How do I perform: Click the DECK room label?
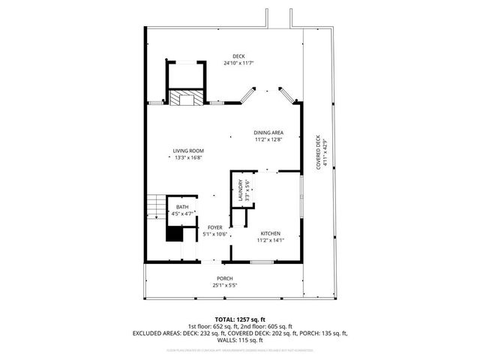click(238, 57)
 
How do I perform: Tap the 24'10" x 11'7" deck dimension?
click(238, 64)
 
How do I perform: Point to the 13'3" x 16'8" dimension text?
click(189, 158)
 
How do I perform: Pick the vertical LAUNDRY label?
click(241, 190)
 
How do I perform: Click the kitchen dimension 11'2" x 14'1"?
click(270, 241)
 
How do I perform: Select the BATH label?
click(182, 208)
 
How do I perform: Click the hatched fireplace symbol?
click(184, 97)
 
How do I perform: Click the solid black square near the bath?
click(174, 234)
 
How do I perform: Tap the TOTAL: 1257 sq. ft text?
click(240, 319)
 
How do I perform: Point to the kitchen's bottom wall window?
click(262, 261)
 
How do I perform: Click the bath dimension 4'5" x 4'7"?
click(182, 214)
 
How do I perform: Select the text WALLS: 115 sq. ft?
click(240, 340)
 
